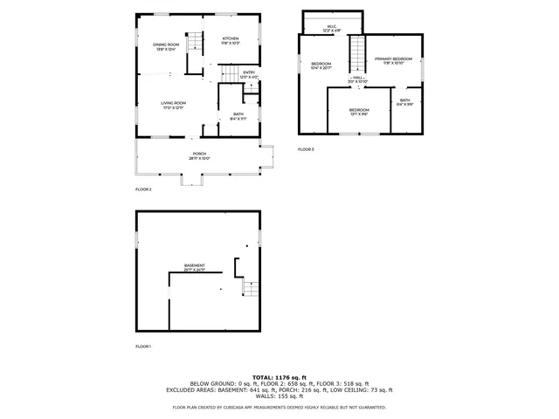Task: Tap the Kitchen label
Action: pos(231,40)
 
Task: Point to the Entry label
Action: pos(249,74)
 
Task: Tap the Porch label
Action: pos(199,156)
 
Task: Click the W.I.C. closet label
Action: pos(332,28)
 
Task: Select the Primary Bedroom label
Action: pos(393,60)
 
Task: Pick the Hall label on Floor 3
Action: pos(359,79)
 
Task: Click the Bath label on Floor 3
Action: pos(405,102)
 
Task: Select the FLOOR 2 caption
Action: pos(143,189)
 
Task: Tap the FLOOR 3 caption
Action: pos(306,149)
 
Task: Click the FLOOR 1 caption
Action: pos(143,347)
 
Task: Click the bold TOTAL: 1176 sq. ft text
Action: pos(279,377)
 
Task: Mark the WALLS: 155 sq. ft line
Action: pos(279,396)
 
